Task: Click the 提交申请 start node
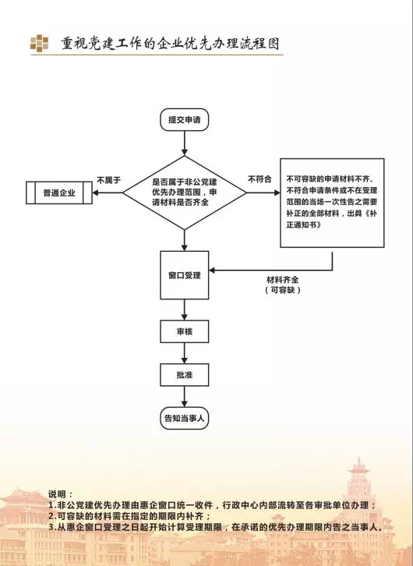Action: pos(185,119)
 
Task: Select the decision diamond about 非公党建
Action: pos(185,193)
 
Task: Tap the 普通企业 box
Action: pos(59,193)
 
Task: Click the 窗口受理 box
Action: pos(185,275)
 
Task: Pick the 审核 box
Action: pos(185,331)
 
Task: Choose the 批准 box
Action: pos(185,375)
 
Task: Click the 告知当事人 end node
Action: pos(185,419)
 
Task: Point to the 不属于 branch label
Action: pos(108,180)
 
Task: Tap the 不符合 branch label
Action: pos(259,179)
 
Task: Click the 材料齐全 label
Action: pos(283,280)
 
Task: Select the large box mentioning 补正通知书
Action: pos(332,203)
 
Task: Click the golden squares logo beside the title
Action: pos(39,44)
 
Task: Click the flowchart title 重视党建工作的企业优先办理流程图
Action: pos(170,44)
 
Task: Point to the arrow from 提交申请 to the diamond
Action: pos(185,143)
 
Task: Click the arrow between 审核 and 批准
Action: pos(185,353)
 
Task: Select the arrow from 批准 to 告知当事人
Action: pos(185,397)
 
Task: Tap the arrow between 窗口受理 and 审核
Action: pos(185,310)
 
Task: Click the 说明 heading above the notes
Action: pos(61,494)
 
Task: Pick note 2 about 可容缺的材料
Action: pos(129,516)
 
